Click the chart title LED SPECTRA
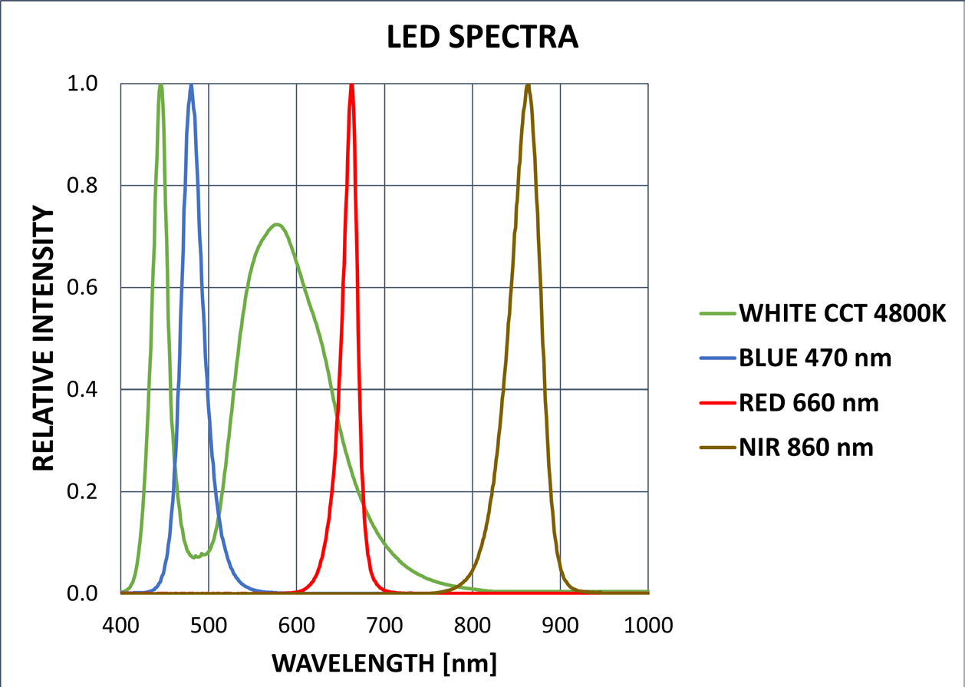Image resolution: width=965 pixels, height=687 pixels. coord(482,37)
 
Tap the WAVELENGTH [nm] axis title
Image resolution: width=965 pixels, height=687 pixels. coord(384,661)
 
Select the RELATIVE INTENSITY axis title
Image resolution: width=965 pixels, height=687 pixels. coord(44,339)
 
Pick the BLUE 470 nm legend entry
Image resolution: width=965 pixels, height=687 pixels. coord(814,358)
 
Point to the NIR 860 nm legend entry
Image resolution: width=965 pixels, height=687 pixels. coord(805,447)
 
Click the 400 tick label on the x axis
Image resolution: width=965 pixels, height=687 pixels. coord(120,625)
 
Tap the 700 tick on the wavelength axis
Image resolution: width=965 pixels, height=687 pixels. coord(384,625)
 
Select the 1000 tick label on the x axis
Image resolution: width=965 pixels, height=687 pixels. coord(648,625)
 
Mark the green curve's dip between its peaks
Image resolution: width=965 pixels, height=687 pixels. coord(196,556)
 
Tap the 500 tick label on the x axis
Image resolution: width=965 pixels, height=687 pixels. coord(209,625)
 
